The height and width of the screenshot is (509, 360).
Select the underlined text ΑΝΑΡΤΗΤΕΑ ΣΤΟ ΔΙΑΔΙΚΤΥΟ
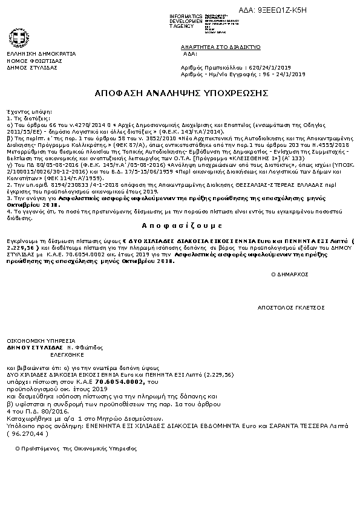(220, 47)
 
